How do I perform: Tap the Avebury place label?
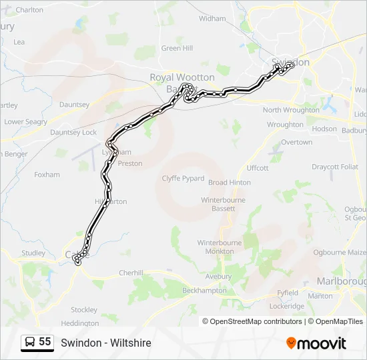click(x=218, y=277)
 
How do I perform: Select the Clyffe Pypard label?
click(x=183, y=178)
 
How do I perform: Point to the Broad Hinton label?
click(x=230, y=182)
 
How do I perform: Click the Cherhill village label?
click(x=131, y=273)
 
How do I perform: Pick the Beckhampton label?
click(x=204, y=291)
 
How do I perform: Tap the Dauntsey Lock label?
click(x=73, y=133)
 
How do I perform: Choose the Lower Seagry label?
click(x=26, y=122)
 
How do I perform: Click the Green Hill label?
click(x=177, y=48)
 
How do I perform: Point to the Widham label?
click(x=212, y=19)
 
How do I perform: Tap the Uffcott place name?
click(x=258, y=168)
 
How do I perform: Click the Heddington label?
click(x=79, y=323)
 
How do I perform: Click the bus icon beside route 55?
click(x=29, y=343)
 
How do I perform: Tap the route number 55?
click(x=45, y=342)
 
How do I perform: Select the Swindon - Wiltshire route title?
click(x=106, y=343)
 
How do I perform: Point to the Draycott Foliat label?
click(x=335, y=167)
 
